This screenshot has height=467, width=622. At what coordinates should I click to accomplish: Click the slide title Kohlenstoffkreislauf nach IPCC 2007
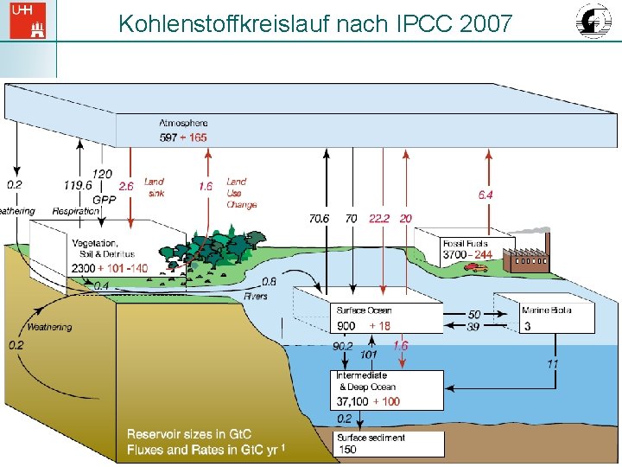315,22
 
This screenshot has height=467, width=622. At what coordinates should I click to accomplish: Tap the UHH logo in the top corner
27,20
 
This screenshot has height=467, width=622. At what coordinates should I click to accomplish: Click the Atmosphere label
183,124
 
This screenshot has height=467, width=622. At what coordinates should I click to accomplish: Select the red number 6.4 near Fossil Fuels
486,195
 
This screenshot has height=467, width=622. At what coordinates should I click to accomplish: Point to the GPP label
105,198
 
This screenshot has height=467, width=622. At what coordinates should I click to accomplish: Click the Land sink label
154,187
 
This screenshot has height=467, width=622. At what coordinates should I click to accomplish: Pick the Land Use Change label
241,193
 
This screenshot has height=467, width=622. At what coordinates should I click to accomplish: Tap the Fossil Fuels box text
466,249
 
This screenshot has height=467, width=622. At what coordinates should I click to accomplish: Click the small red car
475,267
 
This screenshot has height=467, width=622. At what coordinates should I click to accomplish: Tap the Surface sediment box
389,444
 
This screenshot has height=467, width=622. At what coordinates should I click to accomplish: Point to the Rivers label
255,297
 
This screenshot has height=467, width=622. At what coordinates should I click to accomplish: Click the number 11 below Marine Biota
552,364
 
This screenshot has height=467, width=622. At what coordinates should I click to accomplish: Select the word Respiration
75,211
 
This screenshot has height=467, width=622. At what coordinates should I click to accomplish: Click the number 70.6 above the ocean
319,219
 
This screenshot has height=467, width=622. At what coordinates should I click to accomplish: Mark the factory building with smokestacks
526,255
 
